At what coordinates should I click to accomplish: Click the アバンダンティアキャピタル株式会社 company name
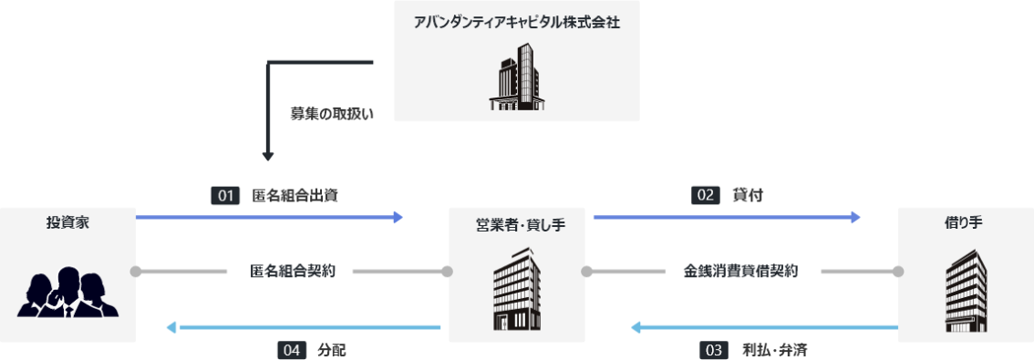(516, 22)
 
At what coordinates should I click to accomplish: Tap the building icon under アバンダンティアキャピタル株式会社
(516, 81)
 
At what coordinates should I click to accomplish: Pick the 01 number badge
(224, 195)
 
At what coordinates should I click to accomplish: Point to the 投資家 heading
(68, 222)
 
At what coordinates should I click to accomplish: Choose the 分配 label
(332, 349)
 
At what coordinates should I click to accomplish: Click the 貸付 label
(747, 195)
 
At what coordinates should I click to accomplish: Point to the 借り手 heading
(967, 222)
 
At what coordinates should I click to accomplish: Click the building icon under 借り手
(966, 291)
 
